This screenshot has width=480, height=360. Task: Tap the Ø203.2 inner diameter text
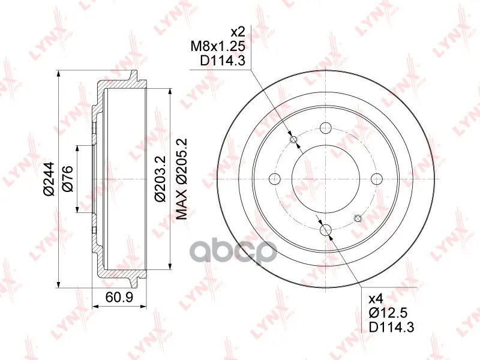pos(160,179)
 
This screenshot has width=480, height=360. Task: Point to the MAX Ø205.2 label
pos(182,179)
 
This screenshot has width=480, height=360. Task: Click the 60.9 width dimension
pos(119,296)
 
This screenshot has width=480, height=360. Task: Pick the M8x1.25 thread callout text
pos(218,47)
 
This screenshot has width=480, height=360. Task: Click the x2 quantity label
pos(238,32)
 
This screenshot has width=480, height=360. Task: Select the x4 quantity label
pos(376,299)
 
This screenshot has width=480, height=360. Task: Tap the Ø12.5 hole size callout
pos(388,313)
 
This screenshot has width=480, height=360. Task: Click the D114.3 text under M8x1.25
pos(223,61)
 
